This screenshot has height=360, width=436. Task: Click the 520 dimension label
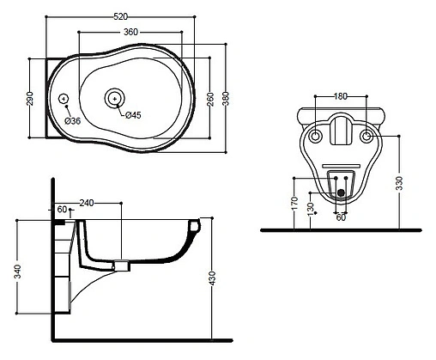tap(120, 16)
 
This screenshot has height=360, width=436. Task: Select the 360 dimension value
tap(130, 32)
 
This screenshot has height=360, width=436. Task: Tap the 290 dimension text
tap(30, 98)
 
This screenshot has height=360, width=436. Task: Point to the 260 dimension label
tap(210, 99)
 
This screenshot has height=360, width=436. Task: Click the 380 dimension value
tap(226, 99)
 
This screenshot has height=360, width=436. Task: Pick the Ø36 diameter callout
tap(73, 121)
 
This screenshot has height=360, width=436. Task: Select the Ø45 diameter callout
tap(133, 115)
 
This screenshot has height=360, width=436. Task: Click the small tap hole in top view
tap(64, 99)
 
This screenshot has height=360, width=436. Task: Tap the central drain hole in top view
tap(115, 99)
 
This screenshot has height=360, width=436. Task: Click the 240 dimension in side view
tap(87, 203)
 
